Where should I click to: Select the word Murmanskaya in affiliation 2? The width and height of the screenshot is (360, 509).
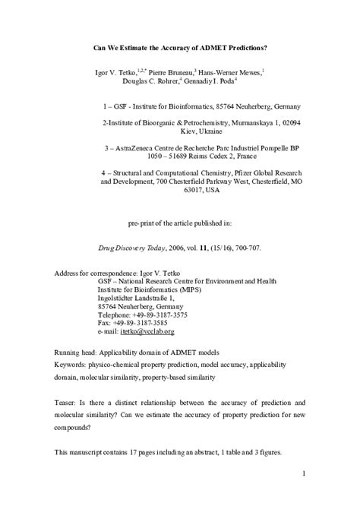pos(248,122)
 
